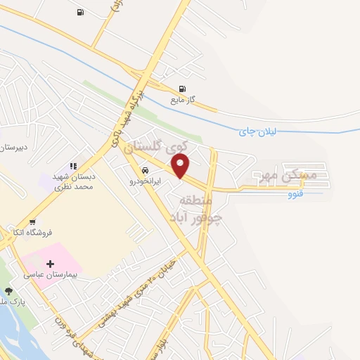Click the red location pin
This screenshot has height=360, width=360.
[181, 166]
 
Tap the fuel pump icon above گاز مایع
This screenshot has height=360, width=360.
[183, 89]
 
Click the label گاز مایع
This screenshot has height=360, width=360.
[181, 101]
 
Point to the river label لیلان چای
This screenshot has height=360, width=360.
[258, 131]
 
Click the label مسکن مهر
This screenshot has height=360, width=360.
[284, 173]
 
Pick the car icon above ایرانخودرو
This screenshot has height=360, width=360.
[145, 170]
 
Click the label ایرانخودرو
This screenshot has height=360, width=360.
[146, 181]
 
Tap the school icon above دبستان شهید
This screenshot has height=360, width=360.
[72, 167]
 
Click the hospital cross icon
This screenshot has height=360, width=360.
[50, 264]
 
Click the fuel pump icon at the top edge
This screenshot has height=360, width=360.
[79, 12]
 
